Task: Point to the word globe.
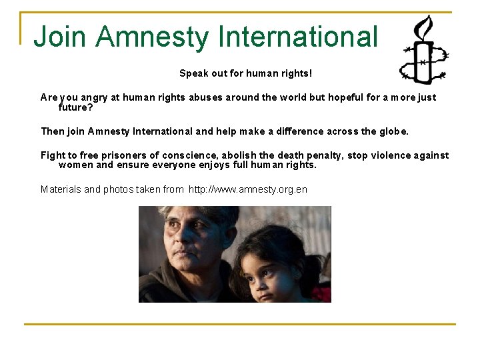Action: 393,131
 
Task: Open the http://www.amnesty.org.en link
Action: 248,189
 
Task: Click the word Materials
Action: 62,189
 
